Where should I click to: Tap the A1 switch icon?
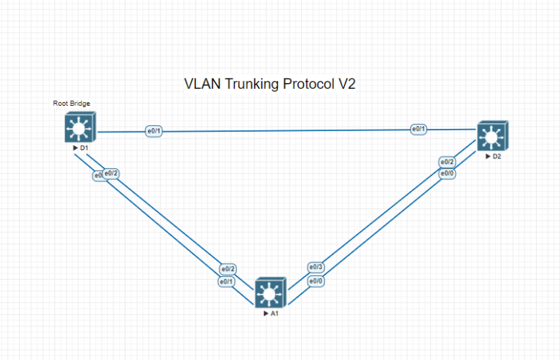[270, 293]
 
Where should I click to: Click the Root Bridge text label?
[71, 103]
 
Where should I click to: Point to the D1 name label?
[83, 148]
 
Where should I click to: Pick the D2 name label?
[495, 156]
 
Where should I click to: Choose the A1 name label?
[272, 313]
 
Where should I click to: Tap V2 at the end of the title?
[346, 84]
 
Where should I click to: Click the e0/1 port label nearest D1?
[154, 131]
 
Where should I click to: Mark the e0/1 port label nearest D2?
[419, 129]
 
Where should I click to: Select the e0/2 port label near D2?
[447, 162]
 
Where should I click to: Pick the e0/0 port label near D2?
[447, 173]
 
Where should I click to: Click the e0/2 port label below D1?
[112, 173]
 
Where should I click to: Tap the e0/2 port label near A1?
[227, 269]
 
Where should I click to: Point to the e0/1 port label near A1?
[226, 281]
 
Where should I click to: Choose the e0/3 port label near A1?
[316, 267]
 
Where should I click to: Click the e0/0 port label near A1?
[316, 281]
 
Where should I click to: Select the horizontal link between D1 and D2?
[284, 130]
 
